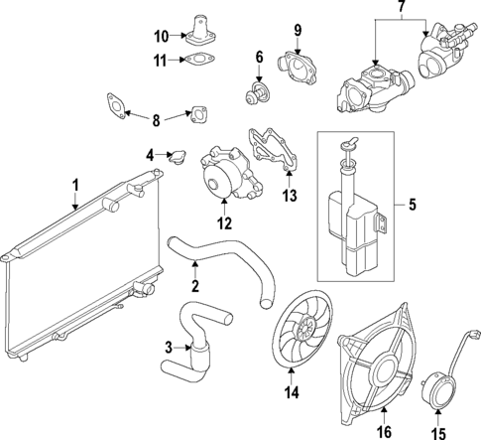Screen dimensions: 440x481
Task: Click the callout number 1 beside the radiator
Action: click(x=73, y=186)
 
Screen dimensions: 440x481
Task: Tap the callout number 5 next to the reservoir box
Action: click(x=415, y=207)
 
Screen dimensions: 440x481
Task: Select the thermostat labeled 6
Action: click(x=258, y=96)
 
